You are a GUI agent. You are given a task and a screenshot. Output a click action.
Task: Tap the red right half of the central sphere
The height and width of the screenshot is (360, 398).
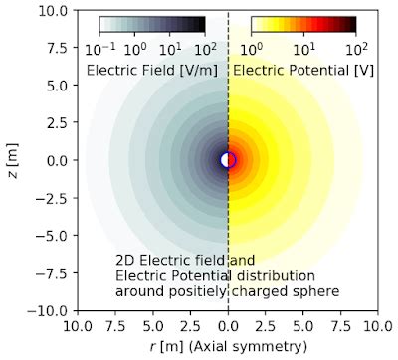[233, 160]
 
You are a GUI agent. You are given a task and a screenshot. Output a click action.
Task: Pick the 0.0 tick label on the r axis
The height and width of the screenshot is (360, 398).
[229, 325]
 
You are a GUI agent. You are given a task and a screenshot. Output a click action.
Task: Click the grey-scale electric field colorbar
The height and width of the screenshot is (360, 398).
[152, 25]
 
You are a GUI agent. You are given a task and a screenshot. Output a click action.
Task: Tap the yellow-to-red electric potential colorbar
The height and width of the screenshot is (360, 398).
[303, 25]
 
